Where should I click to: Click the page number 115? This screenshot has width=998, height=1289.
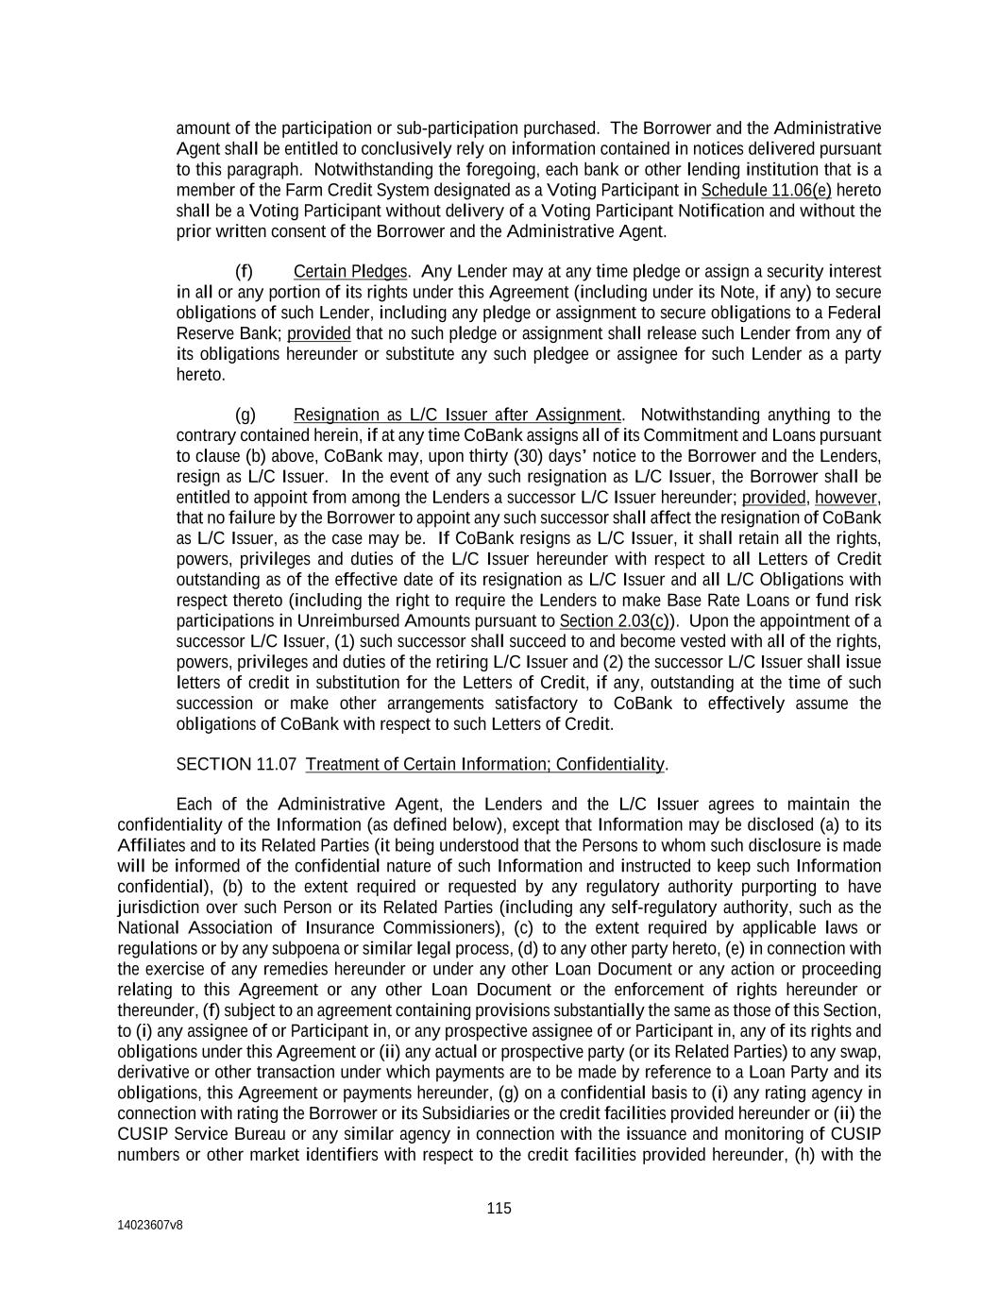click(499, 1208)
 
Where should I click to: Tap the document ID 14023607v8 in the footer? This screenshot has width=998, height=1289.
click(150, 1225)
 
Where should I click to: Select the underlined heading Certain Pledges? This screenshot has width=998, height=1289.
click(350, 272)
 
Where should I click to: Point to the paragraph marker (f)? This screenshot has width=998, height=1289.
click(244, 272)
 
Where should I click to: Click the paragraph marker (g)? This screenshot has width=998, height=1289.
click(245, 416)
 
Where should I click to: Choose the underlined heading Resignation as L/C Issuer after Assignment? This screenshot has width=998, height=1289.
click(457, 416)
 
